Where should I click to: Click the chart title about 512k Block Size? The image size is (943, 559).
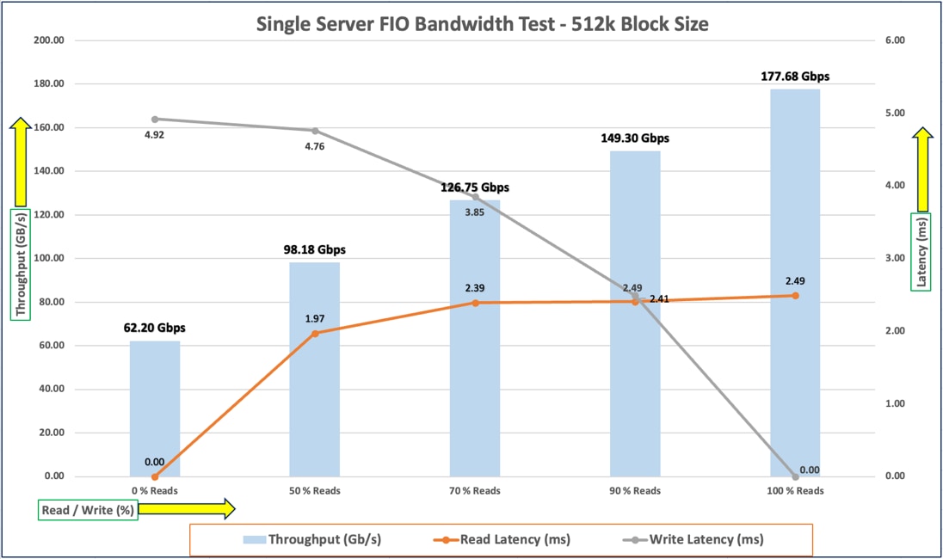click(x=482, y=24)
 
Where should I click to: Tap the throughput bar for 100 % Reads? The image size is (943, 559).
click(x=795, y=284)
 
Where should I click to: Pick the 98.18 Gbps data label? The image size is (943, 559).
click(x=314, y=249)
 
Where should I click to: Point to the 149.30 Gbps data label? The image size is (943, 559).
click(x=635, y=138)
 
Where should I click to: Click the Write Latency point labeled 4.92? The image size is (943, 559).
click(x=155, y=120)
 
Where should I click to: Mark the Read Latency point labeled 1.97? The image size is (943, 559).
click(x=315, y=333)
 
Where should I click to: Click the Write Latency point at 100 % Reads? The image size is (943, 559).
click(x=795, y=476)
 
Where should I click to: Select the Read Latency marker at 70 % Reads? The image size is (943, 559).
click(x=475, y=303)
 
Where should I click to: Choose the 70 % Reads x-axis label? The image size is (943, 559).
click(x=475, y=491)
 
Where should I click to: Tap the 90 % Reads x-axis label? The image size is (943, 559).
click(x=635, y=491)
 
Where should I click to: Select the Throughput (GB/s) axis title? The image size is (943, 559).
click(x=20, y=264)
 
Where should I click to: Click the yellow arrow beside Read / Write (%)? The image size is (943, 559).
click(x=186, y=509)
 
